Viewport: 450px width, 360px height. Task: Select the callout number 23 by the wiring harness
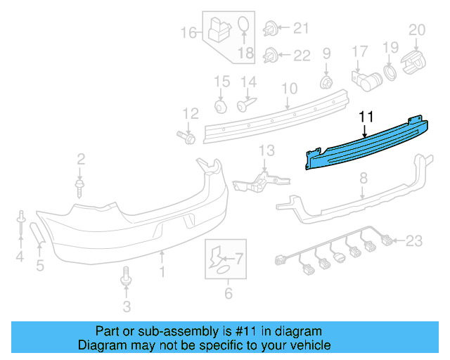[x=414, y=242]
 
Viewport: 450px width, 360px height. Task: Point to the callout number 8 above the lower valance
[x=363, y=180]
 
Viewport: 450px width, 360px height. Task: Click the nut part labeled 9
[x=326, y=82]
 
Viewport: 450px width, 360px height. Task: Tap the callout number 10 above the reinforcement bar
[x=289, y=89]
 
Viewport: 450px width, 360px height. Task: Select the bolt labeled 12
[x=188, y=136]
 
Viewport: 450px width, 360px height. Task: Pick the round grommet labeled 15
[x=221, y=105]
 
